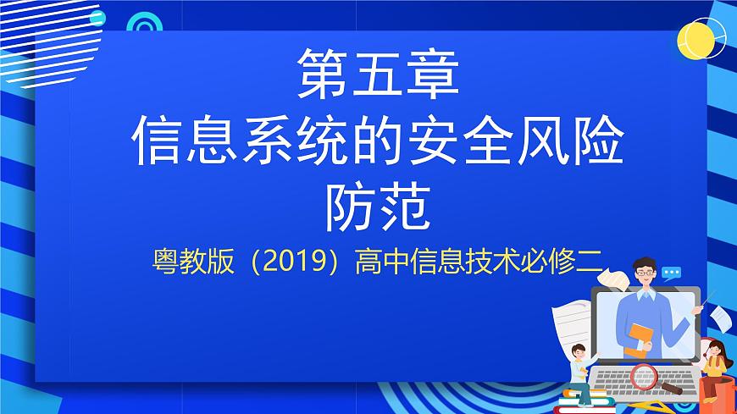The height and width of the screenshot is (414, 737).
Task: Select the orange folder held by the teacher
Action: tap(640, 340)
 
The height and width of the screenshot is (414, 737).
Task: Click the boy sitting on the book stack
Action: tap(582, 366)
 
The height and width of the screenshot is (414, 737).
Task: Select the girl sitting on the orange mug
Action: tap(714, 360)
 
